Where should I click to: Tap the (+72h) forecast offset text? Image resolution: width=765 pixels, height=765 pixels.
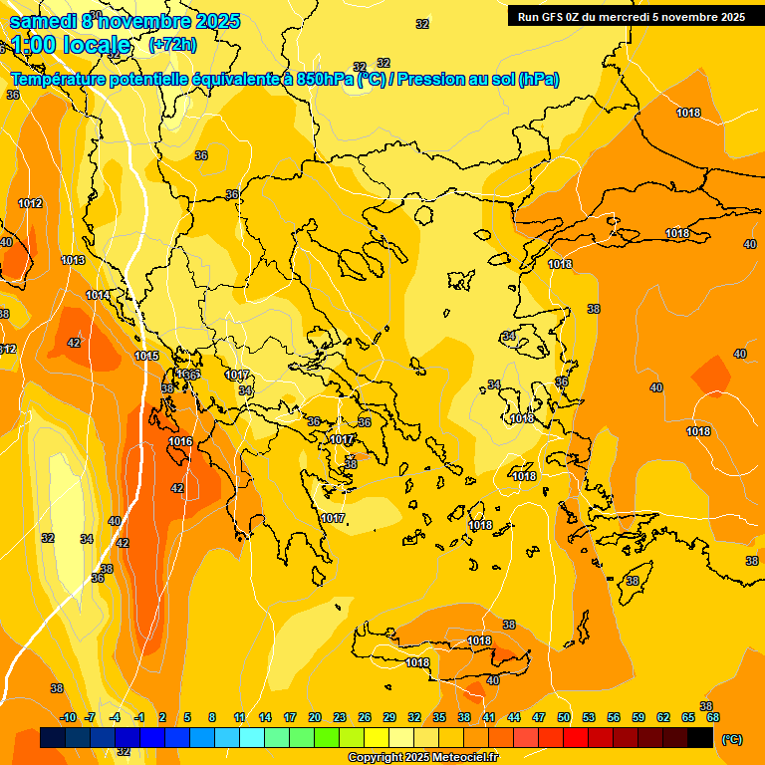click(x=172, y=45)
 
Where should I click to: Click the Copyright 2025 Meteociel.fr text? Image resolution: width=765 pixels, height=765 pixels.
click(x=423, y=758)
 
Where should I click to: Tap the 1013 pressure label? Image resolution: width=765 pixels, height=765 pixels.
click(x=73, y=260)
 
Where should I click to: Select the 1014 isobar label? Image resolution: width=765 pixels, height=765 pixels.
click(x=98, y=295)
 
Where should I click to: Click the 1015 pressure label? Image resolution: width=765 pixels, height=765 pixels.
click(x=146, y=356)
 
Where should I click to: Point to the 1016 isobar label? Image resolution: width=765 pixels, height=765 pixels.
click(x=180, y=441)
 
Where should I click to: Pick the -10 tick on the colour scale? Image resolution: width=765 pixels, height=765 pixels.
click(x=68, y=717)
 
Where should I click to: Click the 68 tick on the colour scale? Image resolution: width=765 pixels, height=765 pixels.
click(x=713, y=717)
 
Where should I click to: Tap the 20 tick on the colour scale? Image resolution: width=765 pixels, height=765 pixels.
click(x=315, y=717)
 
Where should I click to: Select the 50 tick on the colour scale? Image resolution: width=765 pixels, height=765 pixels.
click(x=564, y=717)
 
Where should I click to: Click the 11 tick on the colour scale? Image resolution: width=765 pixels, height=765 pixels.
click(x=240, y=717)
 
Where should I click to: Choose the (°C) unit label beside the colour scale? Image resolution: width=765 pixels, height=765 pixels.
click(x=732, y=739)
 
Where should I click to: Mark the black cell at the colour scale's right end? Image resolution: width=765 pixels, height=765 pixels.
click(x=700, y=738)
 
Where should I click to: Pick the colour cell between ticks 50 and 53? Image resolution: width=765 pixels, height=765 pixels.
click(x=576, y=738)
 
